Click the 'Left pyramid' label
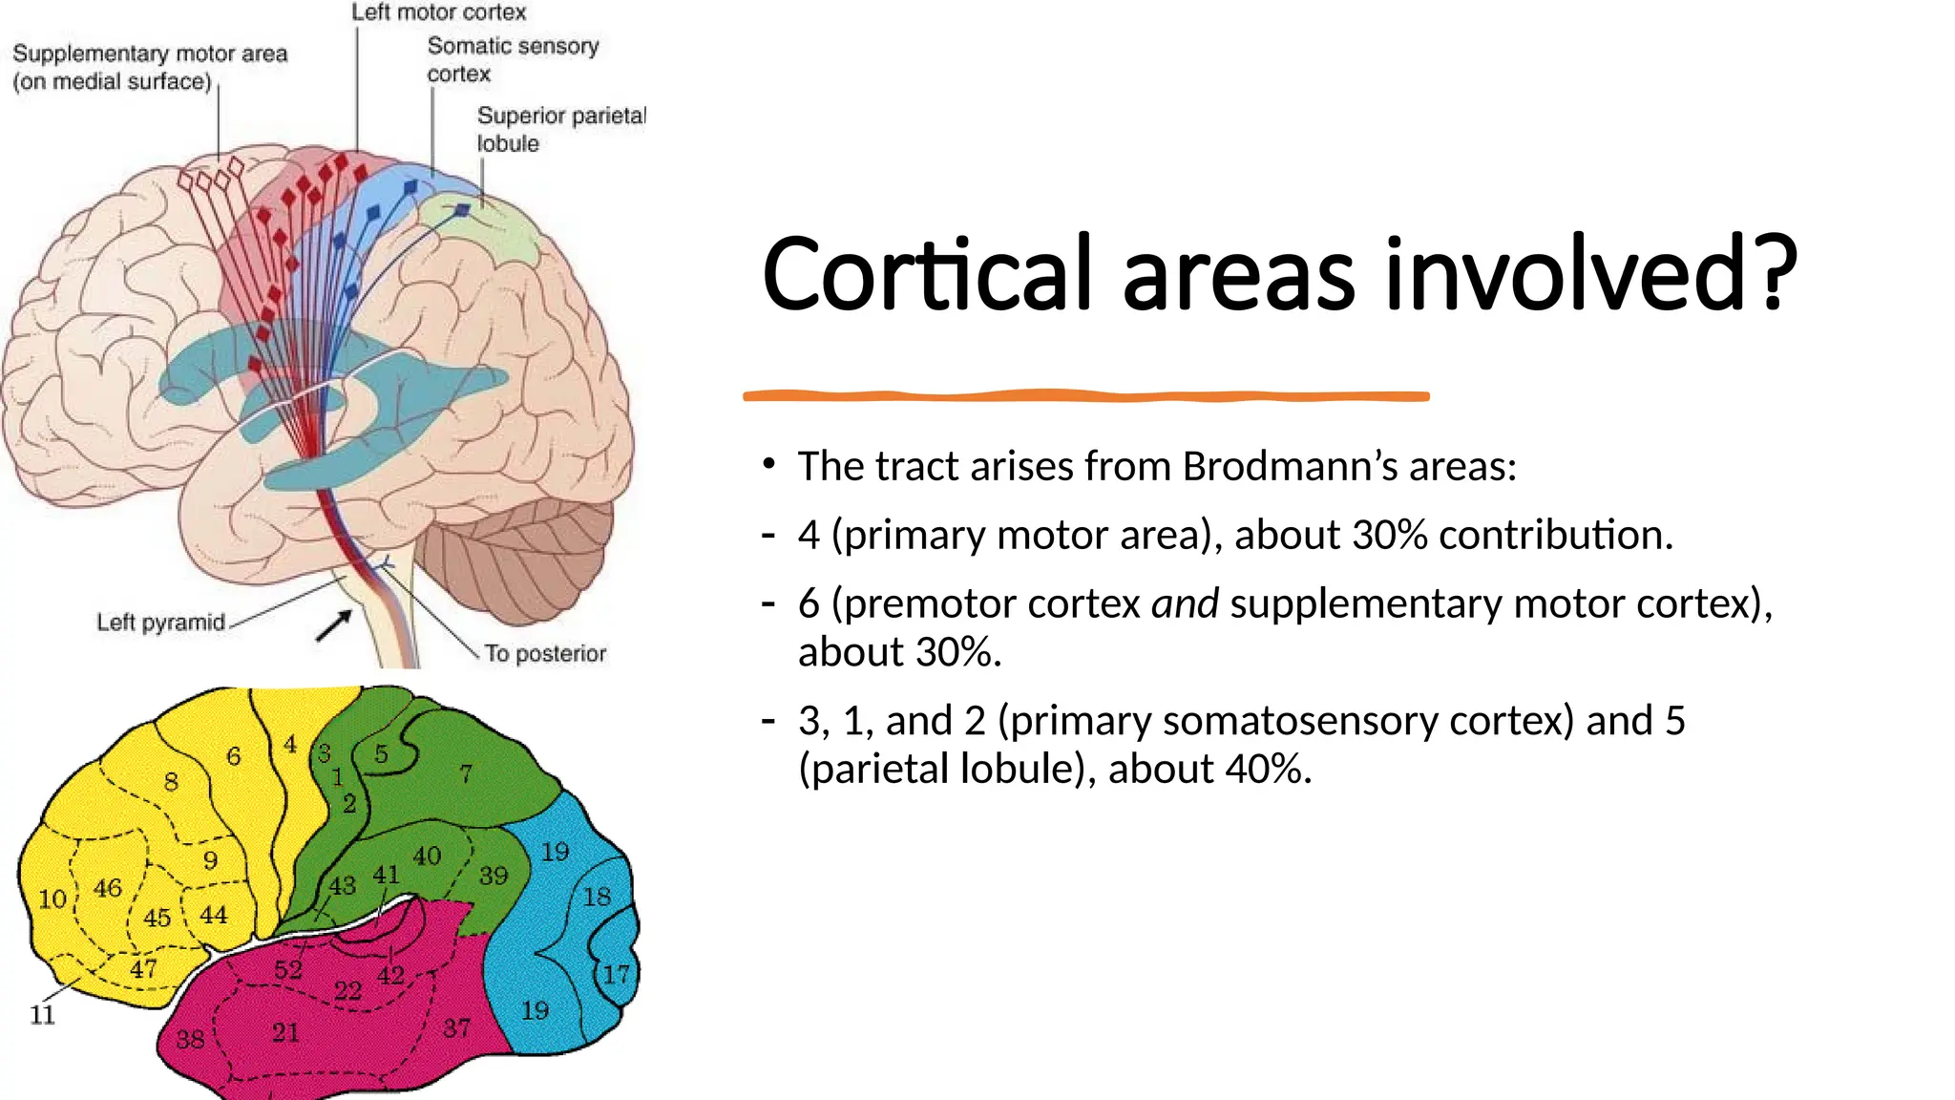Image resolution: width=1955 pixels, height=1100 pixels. pos(160,623)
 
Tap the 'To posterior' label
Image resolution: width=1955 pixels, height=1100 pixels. pos(545,653)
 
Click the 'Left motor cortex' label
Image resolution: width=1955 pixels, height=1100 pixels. pos(438,12)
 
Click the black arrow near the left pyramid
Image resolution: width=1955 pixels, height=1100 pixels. pos(333,626)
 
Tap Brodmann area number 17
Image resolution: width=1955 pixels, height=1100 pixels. pos(616,974)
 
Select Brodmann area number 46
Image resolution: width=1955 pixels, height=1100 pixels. pos(107,888)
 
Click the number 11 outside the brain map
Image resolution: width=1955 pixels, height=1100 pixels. pos(42,1015)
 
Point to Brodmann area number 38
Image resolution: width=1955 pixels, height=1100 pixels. pos(190,1039)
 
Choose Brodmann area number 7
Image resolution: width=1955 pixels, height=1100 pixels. pos(466,773)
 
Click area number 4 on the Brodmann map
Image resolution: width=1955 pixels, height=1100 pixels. pos(290,745)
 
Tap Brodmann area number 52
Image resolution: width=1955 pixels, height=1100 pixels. pos(288,970)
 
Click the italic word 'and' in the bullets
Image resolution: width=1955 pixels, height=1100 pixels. pos(1185,603)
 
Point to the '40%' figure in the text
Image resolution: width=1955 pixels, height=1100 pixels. pos(1268,769)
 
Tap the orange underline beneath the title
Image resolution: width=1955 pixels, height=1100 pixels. pos(1085,395)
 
